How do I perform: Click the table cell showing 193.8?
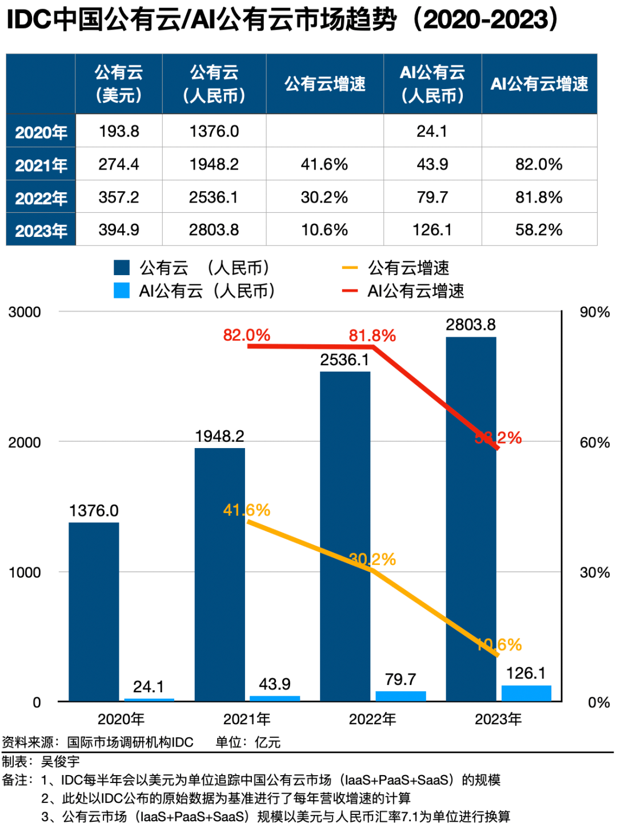point(119,131)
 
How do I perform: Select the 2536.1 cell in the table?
point(214,197)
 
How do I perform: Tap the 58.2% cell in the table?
point(539,230)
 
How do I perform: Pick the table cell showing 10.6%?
point(324,230)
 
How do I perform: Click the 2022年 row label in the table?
point(41,198)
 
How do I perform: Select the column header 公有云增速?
point(324,84)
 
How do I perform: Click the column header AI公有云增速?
point(539,84)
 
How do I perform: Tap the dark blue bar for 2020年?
point(94,611)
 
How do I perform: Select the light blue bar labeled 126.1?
point(526,693)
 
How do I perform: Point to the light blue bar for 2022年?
point(400,696)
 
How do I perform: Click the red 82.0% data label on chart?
point(246,335)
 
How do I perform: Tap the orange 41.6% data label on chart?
point(246,510)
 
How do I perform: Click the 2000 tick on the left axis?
point(25,442)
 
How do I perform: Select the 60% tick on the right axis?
point(595,442)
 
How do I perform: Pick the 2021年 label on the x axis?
point(247,719)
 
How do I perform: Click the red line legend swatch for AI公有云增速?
point(350,291)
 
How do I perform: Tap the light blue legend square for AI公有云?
point(122,291)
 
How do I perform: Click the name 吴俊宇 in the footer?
point(60,761)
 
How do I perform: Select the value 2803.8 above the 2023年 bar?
point(471,325)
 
